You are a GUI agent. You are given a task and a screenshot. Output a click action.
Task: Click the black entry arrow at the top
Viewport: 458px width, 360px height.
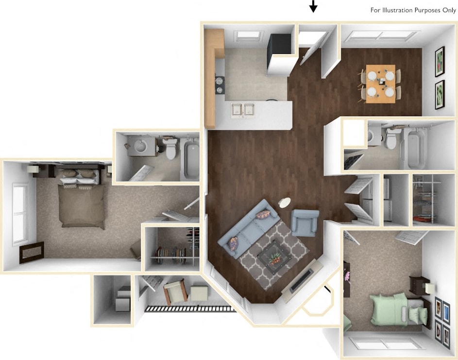313,6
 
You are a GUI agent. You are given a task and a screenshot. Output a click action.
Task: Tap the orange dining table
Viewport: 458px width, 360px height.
380,84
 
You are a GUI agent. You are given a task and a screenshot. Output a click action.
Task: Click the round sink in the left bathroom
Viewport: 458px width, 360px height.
139,145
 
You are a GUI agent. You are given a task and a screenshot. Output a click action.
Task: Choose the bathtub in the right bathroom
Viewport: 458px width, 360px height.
416,146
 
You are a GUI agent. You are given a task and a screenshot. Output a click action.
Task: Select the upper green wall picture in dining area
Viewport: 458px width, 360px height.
440,61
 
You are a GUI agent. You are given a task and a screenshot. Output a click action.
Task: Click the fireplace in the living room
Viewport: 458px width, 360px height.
302,280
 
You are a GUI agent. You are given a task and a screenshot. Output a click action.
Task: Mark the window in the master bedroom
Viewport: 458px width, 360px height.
20,213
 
